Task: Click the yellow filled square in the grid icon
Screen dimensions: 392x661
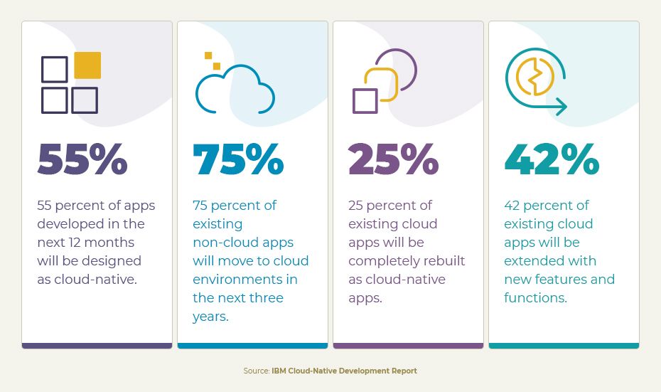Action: (87, 65)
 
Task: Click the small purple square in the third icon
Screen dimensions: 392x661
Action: (365, 100)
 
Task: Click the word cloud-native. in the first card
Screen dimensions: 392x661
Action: (87, 279)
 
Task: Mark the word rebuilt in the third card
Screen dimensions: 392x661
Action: (443, 260)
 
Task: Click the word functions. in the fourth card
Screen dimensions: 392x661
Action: (535, 297)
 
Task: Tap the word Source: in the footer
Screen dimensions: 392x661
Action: (256, 371)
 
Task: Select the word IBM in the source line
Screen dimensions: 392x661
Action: (279, 371)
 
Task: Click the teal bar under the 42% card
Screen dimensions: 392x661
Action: (564, 346)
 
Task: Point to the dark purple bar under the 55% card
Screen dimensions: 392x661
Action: (97, 346)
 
